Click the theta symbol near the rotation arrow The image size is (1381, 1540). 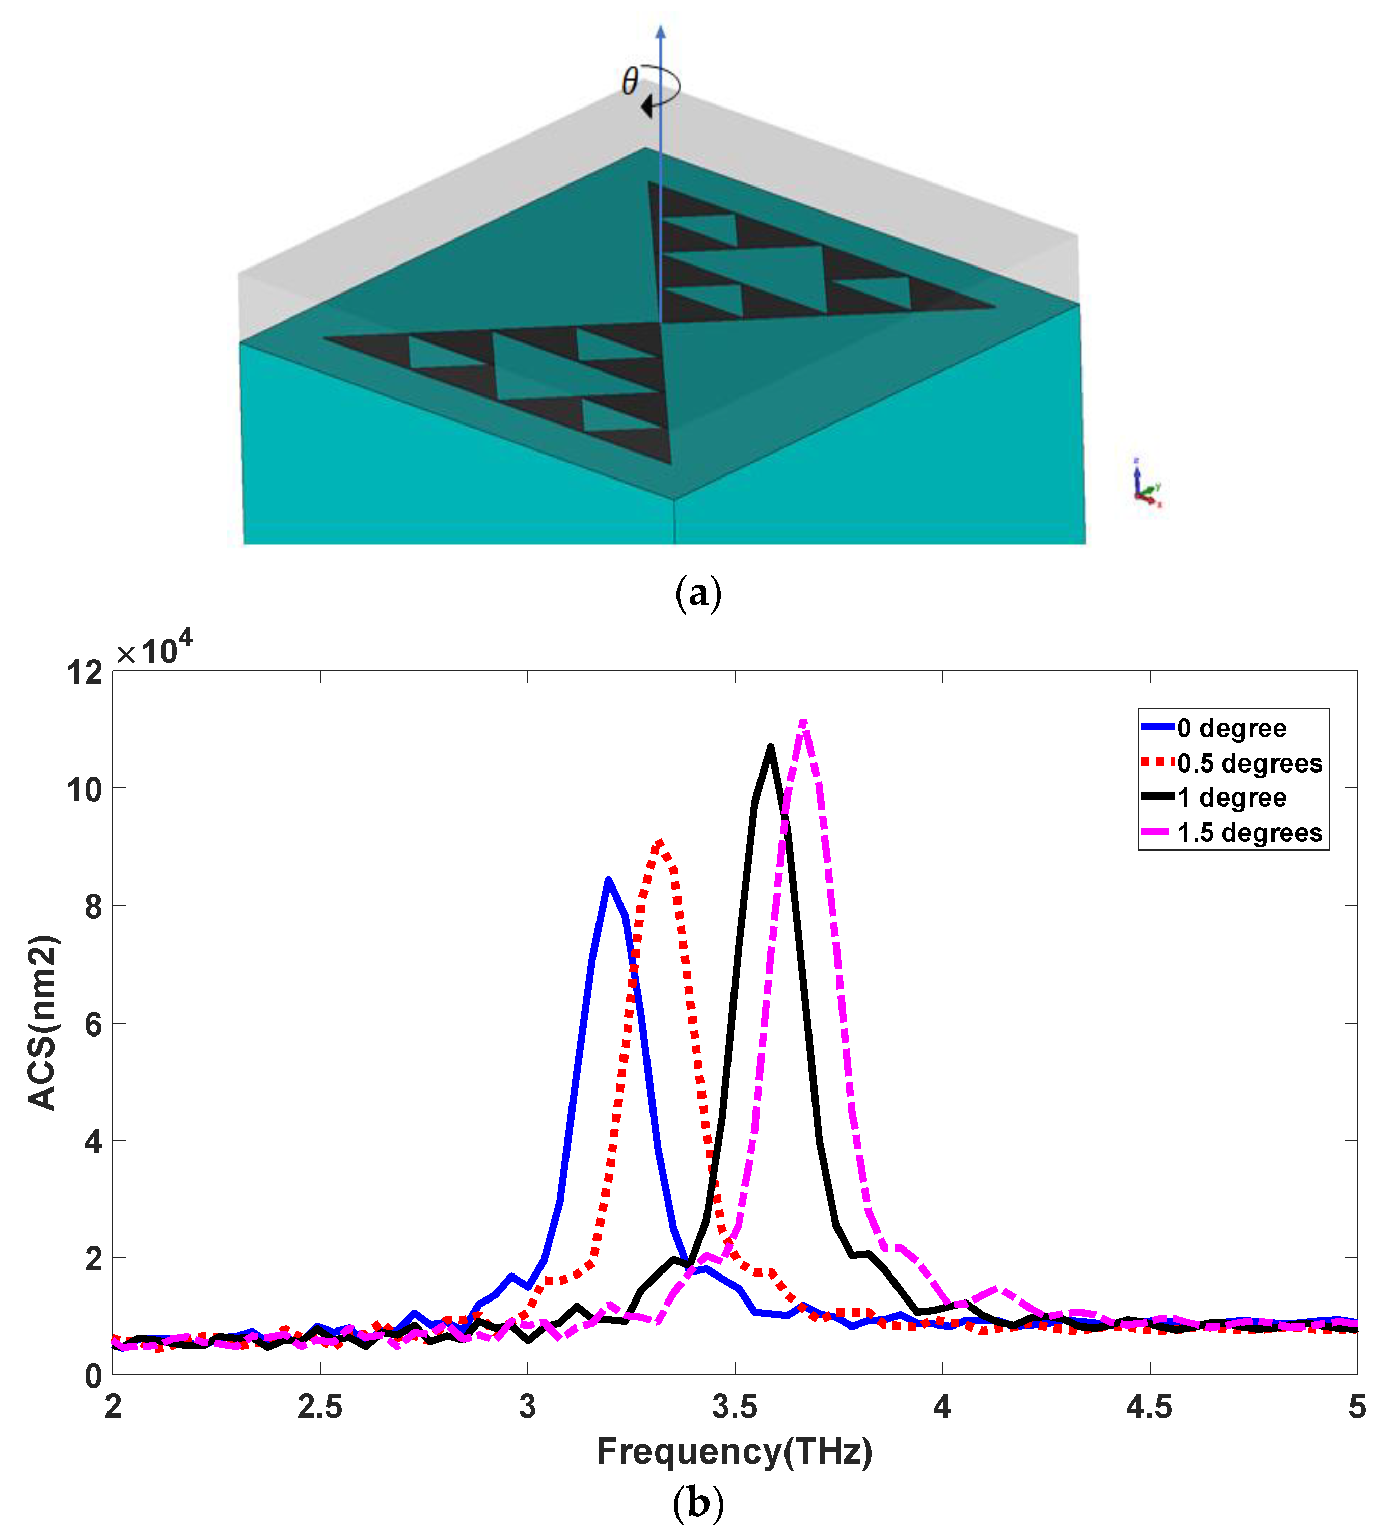tap(630, 81)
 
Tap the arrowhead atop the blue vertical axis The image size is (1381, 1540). tap(660, 32)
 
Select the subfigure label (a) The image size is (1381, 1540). tap(697, 593)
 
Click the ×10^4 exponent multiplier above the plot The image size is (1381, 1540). tap(154, 650)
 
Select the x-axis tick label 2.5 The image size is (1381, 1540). tap(319, 1406)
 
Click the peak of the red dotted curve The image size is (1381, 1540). tap(659, 842)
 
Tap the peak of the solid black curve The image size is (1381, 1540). tap(770, 747)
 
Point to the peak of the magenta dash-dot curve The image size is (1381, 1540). tap(803, 721)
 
